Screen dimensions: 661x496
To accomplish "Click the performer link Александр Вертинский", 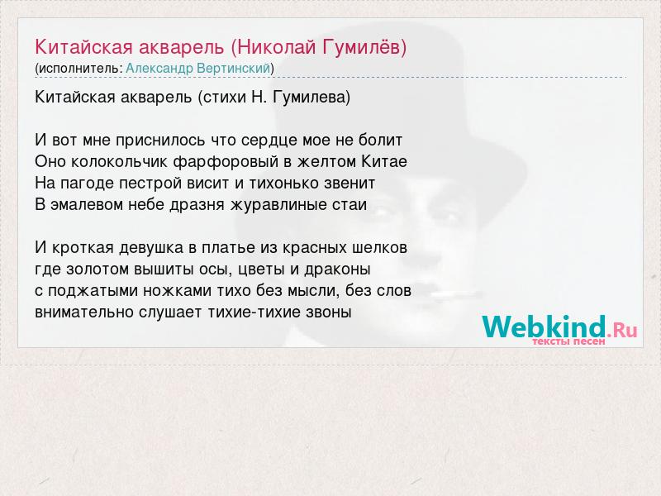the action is point(197,69).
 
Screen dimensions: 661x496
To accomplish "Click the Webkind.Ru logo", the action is point(559,330).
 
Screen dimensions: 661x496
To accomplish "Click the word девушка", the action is point(151,248).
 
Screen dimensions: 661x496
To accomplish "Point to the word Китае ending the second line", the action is point(384,161).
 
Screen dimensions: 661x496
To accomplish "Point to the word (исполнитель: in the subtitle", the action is point(78,69).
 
